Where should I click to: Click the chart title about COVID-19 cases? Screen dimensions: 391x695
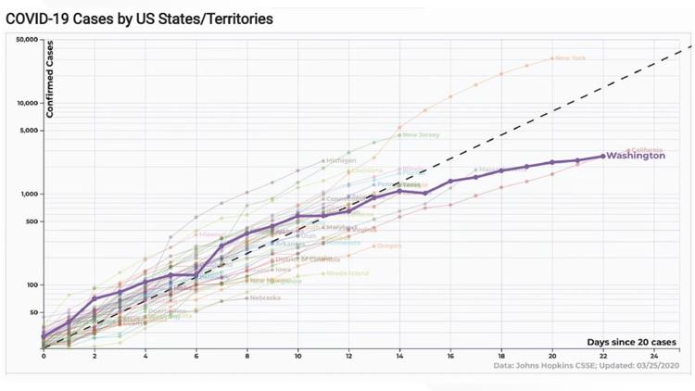pyautogui.click(x=139, y=19)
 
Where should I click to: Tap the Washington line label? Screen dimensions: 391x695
pyautogui.click(x=636, y=156)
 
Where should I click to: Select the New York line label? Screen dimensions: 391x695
pyautogui.click(x=571, y=58)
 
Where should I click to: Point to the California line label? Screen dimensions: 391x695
pyautogui.click(x=646, y=148)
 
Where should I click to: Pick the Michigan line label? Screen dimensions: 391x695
pyautogui.click(x=341, y=160)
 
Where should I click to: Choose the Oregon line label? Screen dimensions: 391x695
pyautogui.click(x=389, y=246)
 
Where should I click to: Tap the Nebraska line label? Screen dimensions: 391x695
pyautogui.click(x=265, y=297)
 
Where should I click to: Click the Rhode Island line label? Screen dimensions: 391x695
pyautogui.click(x=347, y=273)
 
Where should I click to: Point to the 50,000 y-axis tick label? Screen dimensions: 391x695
pyautogui.click(x=26, y=40)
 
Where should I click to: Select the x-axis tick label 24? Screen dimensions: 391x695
pyautogui.click(x=653, y=356)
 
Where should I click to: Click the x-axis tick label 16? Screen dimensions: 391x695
pyautogui.click(x=449, y=356)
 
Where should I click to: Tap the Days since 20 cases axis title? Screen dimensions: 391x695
pyautogui.click(x=633, y=342)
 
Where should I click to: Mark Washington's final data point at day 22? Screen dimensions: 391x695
pyautogui.click(x=602, y=156)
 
